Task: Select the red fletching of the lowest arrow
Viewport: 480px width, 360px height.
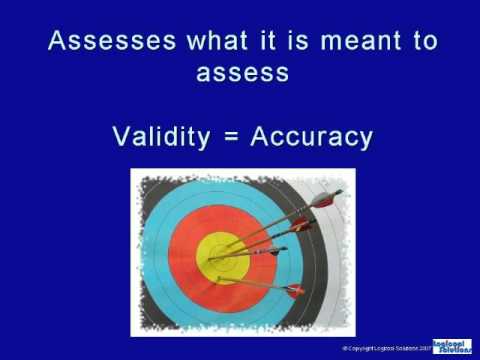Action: point(294,291)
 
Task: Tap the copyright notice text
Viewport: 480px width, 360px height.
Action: point(385,348)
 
